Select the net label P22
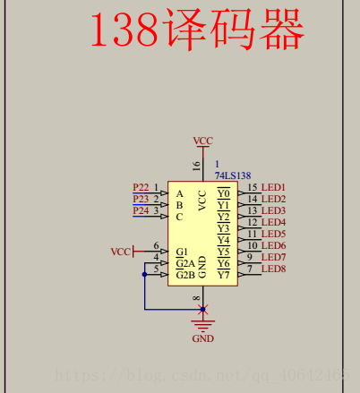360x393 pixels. (x=141, y=187)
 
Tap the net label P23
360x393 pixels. (x=141, y=199)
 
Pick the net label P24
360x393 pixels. (x=141, y=210)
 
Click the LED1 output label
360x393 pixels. (x=273, y=187)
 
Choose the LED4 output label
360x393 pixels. (x=273, y=222)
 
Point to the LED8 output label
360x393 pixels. (x=273, y=269)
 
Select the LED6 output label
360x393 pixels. (x=273, y=245)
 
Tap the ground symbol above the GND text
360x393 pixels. (x=203, y=325)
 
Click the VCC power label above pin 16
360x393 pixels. (x=203, y=141)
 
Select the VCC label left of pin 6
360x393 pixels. (x=121, y=252)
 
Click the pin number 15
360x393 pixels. (x=253, y=187)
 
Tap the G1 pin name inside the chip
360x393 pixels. (x=182, y=252)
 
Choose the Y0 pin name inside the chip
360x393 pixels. (x=223, y=193)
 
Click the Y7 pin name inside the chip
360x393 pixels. (x=223, y=275)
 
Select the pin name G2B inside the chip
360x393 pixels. (x=185, y=275)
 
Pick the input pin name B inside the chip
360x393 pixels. (x=179, y=205)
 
